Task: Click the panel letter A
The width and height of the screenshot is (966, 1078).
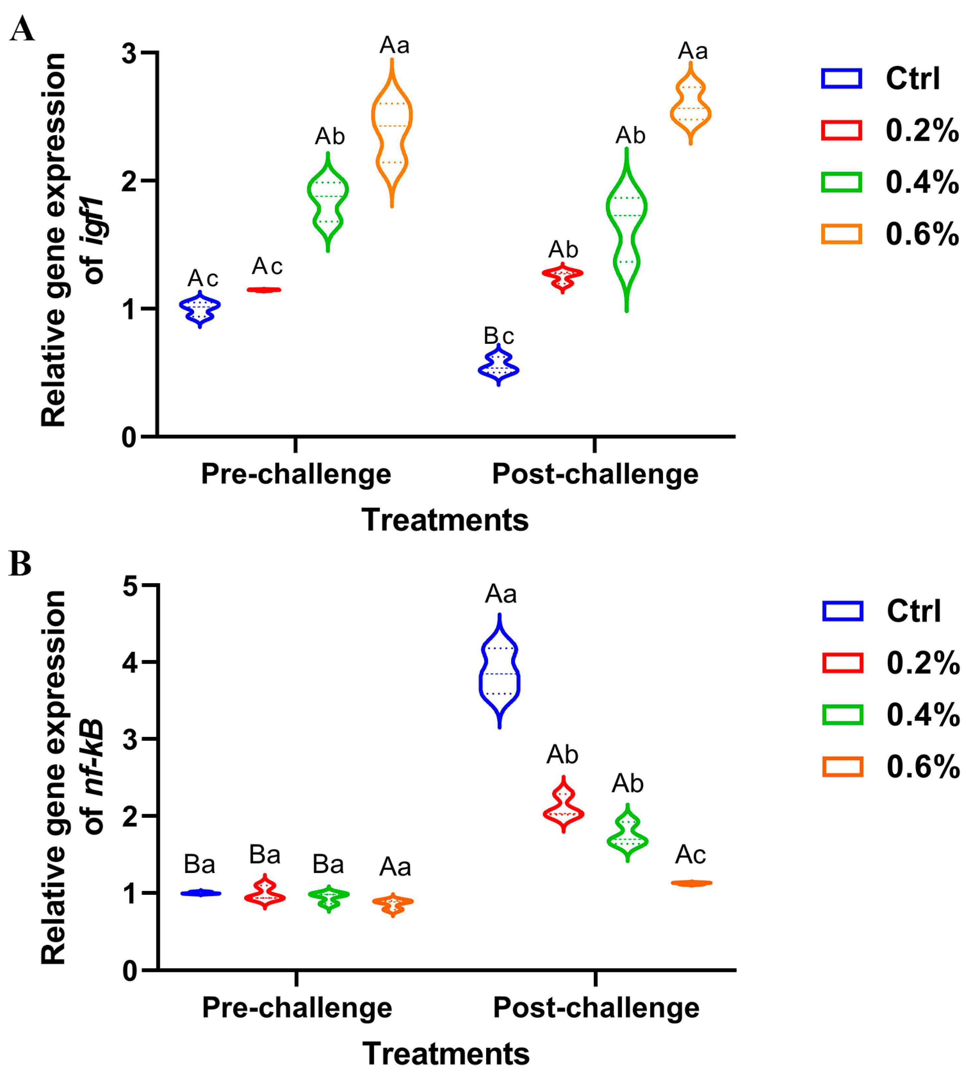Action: tap(22, 29)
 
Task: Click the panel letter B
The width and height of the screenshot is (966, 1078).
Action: tap(20, 564)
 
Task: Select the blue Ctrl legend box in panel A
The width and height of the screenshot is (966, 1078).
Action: tap(841, 78)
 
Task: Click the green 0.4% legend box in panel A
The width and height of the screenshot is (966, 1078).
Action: tap(841, 182)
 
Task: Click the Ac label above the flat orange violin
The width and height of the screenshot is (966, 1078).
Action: tap(690, 854)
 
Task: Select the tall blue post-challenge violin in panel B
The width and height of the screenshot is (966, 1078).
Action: tap(499, 671)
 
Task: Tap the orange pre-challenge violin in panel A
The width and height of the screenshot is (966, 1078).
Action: tap(392, 133)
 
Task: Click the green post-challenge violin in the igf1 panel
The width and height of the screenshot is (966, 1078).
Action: tap(627, 228)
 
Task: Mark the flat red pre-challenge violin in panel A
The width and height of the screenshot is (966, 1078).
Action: tap(264, 290)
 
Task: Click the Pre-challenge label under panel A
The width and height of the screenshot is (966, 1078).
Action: tap(296, 474)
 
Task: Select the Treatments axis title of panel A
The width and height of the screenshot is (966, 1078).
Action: tap(445, 520)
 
